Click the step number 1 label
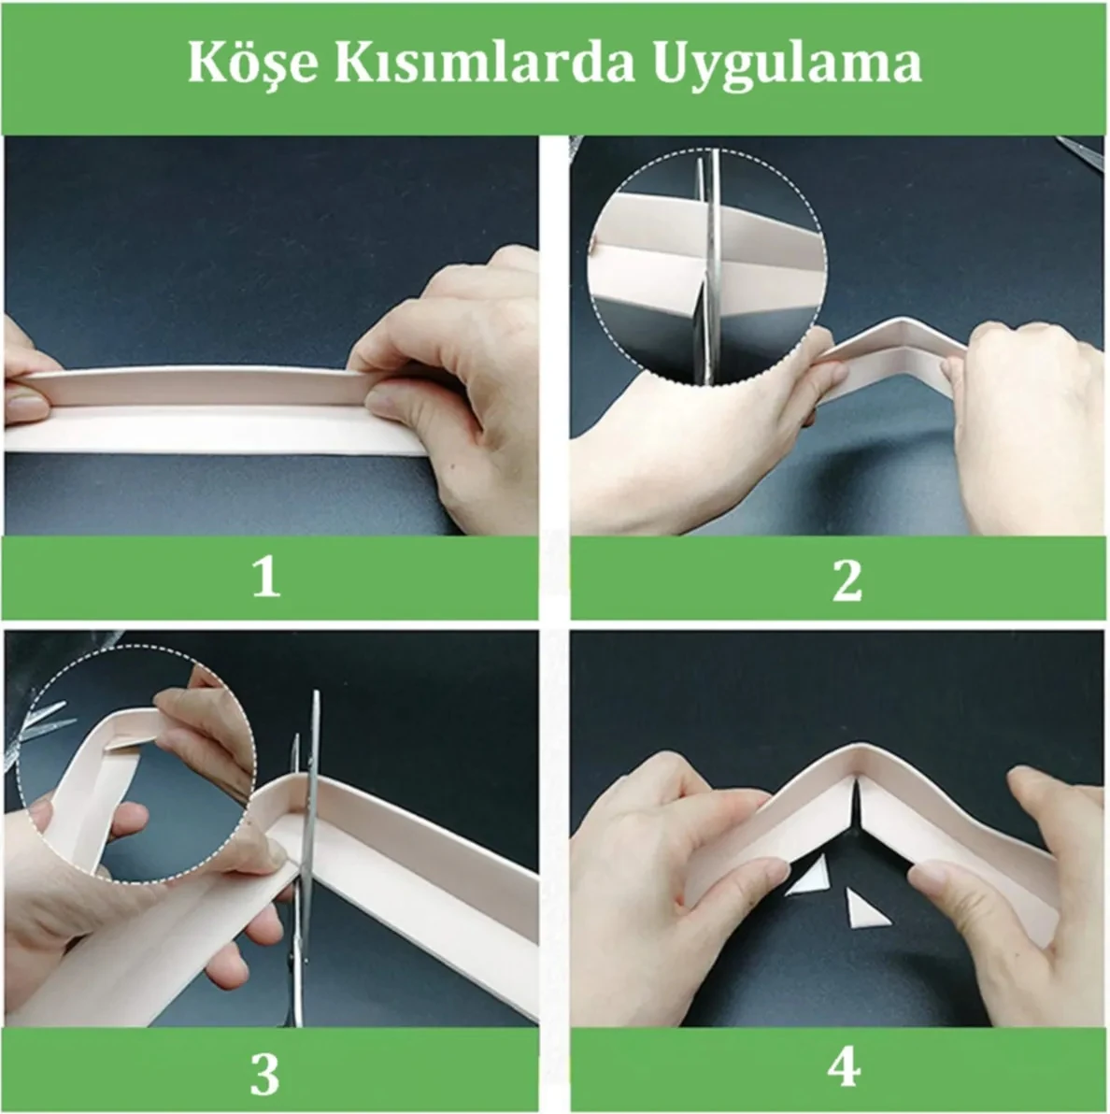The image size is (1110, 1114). (x=266, y=578)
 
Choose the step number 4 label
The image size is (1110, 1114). (x=845, y=1066)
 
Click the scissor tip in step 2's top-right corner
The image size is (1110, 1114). (x=1084, y=150)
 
